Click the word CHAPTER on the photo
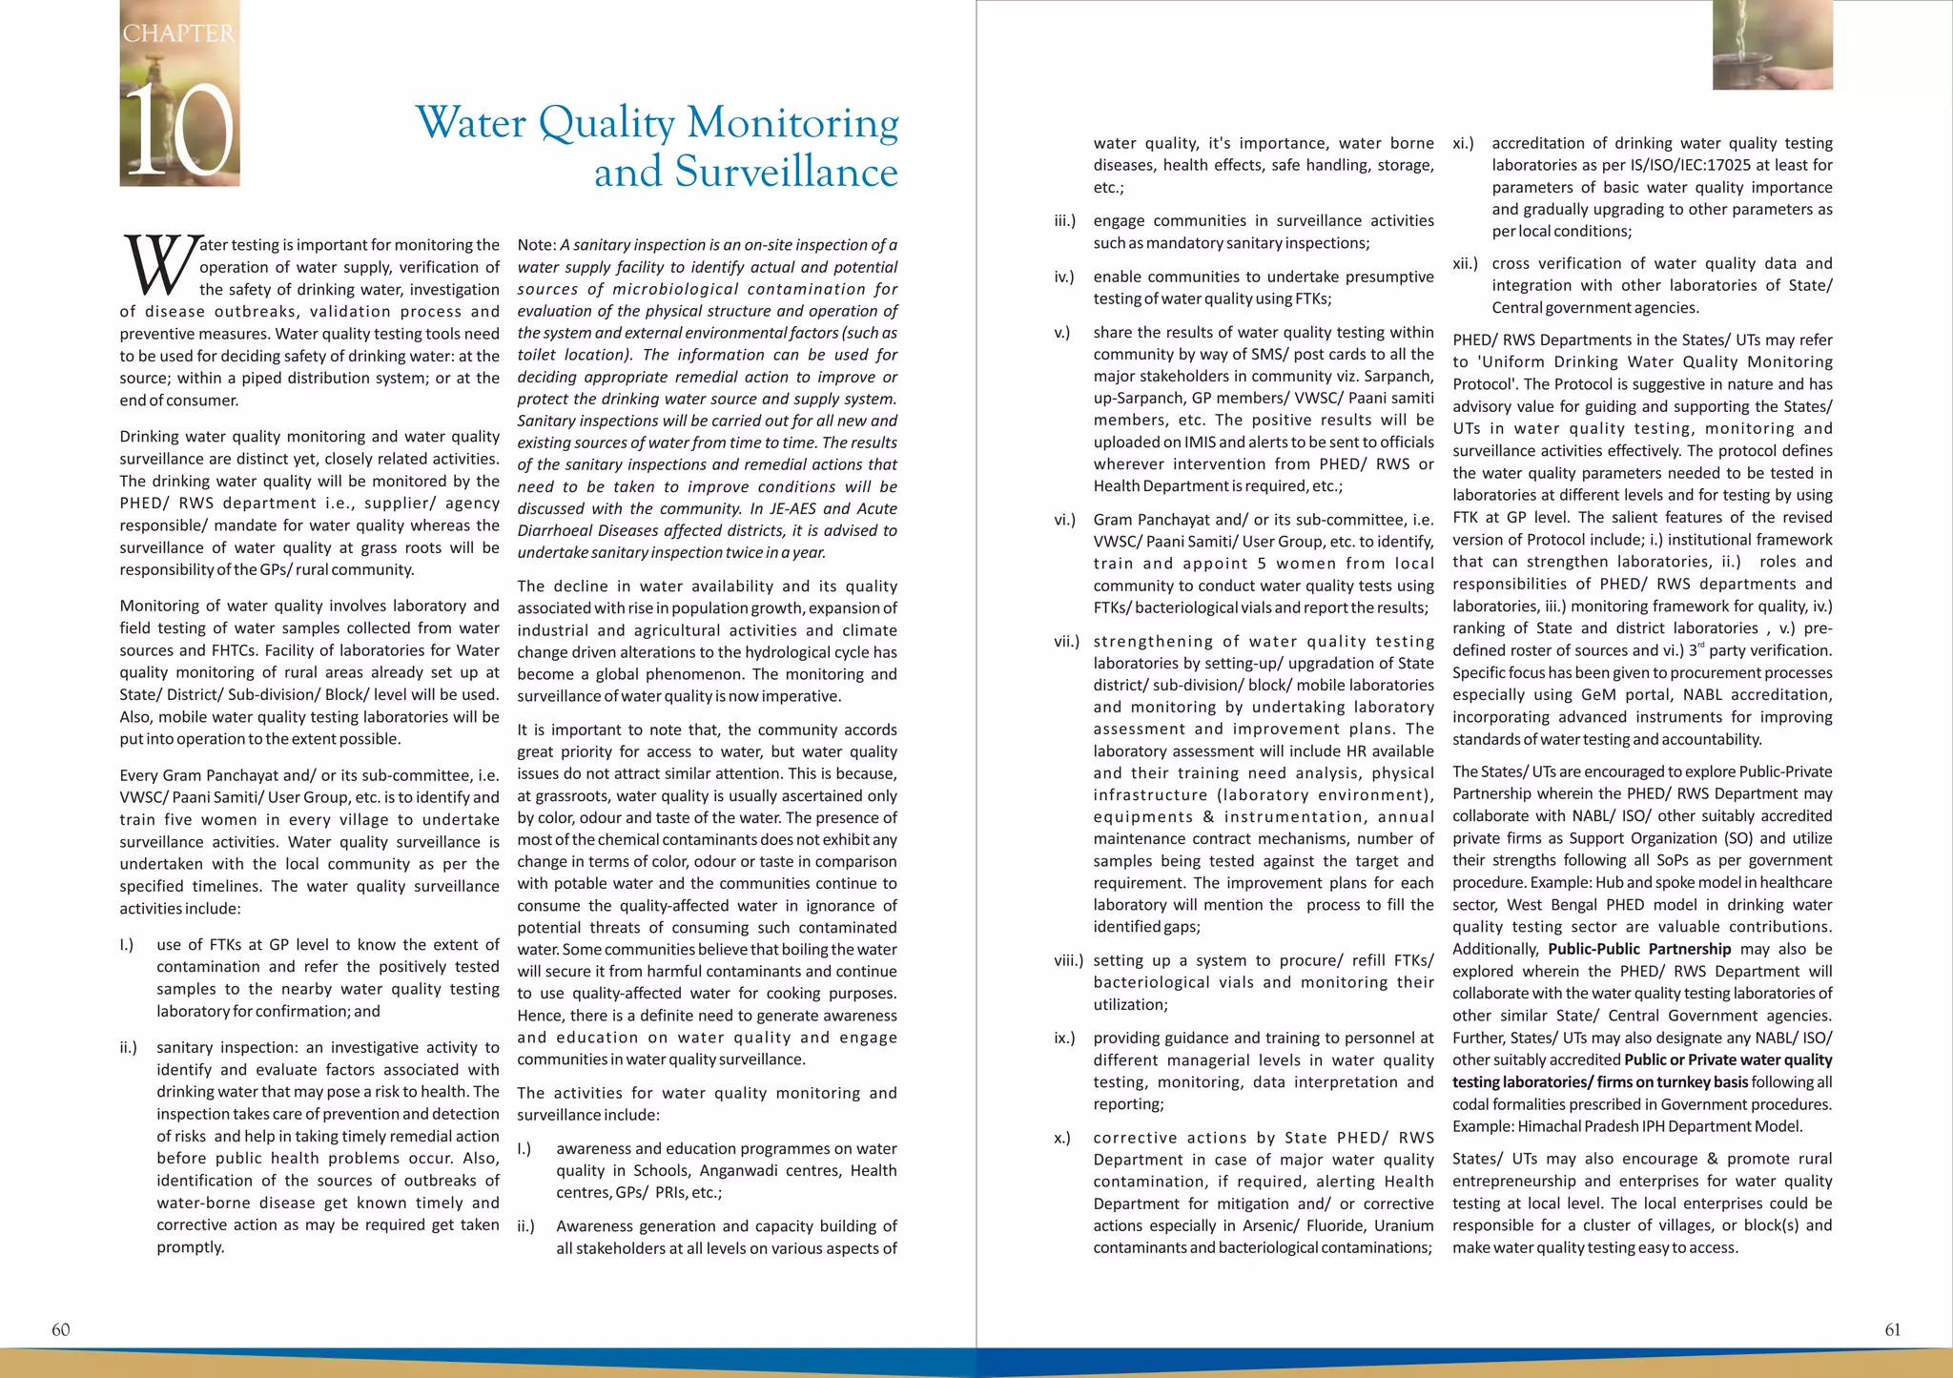tap(178, 33)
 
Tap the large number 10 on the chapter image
tap(179, 130)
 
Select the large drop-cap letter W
tap(159, 265)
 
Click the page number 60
tap(60, 1329)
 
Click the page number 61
tap(1892, 1329)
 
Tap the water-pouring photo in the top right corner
tap(1772, 45)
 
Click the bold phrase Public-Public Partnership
tap(1638, 949)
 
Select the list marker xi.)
tap(1463, 143)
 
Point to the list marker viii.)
tap(1068, 960)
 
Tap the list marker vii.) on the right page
tap(1066, 642)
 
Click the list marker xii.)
tap(1465, 263)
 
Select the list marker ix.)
tap(1064, 1038)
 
